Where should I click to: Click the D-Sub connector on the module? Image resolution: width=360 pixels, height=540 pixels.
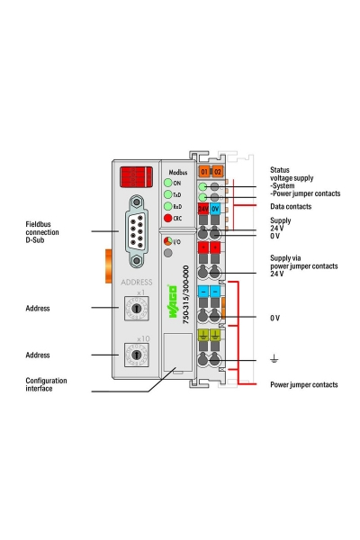pyautogui.click(x=137, y=231)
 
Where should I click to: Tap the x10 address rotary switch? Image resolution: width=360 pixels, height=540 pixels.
pyautogui.click(x=137, y=355)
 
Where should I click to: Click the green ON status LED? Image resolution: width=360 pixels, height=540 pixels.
pyautogui.click(x=166, y=183)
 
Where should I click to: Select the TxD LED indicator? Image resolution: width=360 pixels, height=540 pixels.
pyautogui.click(x=166, y=194)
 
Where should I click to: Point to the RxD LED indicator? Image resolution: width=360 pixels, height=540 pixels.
pyautogui.click(x=166, y=206)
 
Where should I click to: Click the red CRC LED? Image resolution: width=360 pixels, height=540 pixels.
pyautogui.click(x=166, y=218)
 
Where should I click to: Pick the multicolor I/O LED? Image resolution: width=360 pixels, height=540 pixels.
pyautogui.click(x=166, y=242)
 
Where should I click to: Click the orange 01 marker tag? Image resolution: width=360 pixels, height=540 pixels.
pyautogui.click(x=204, y=171)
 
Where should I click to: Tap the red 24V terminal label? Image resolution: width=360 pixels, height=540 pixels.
pyautogui.click(x=204, y=208)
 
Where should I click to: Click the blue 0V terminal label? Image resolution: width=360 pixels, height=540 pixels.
pyautogui.click(x=216, y=208)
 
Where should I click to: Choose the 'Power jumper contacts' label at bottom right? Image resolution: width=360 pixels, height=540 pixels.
pyautogui.click(x=304, y=385)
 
